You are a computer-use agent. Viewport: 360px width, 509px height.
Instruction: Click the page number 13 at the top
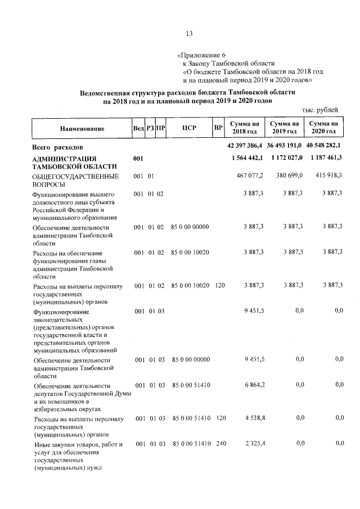(x=190, y=33)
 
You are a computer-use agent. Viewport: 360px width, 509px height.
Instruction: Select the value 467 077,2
(x=250, y=177)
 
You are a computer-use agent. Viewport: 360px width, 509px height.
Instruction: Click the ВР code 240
(x=220, y=444)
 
